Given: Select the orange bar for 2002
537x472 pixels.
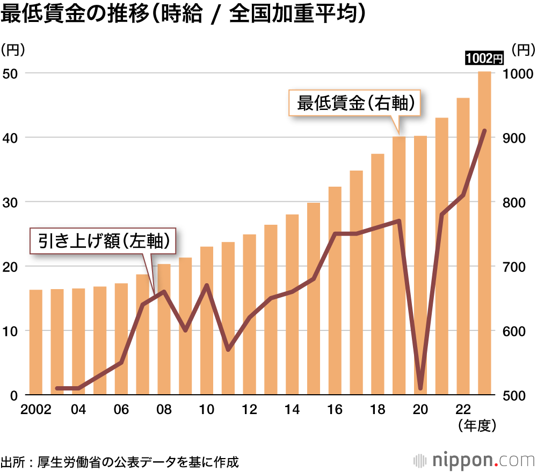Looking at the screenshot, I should point(36,342).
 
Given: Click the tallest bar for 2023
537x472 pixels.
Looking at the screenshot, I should point(484,233).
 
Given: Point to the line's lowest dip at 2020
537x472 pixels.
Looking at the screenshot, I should point(420,388).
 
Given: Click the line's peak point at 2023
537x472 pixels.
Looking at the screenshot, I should point(484,131).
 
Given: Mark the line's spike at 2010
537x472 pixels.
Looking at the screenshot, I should point(207,285).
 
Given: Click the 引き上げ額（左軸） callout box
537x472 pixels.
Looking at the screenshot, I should point(104,242).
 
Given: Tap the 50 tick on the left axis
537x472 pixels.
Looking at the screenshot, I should point(12,73).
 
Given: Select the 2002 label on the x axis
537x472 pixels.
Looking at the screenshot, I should point(36,410).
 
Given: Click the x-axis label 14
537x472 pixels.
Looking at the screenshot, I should point(292,410).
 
